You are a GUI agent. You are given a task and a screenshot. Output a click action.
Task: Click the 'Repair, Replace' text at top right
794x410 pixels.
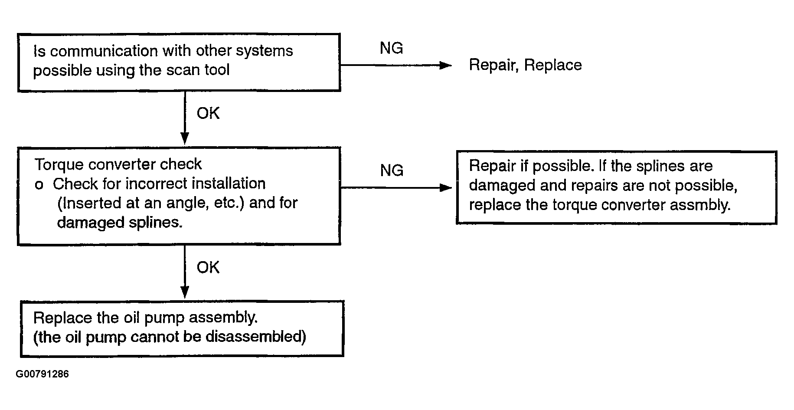(x=525, y=65)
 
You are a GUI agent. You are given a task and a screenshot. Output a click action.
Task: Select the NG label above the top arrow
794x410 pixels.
(x=392, y=48)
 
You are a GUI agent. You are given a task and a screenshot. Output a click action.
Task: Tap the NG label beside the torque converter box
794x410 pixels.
(x=392, y=171)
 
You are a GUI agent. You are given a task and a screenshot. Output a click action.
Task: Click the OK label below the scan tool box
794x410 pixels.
(x=208, y=113)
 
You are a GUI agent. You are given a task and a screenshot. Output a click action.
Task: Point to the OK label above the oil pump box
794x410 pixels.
(x=208, y=267)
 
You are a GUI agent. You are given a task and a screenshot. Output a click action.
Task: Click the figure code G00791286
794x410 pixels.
(x=42, y=374)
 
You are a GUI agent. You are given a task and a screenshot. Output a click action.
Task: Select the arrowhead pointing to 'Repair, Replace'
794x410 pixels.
(x=446, y=66)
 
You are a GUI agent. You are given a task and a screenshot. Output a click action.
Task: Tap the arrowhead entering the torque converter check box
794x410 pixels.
(x=185, y=139)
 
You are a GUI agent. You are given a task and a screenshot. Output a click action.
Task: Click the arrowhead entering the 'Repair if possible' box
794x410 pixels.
(x=446, y=188)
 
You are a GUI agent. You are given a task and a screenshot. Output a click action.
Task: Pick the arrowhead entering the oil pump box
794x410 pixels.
(x=185, y=292)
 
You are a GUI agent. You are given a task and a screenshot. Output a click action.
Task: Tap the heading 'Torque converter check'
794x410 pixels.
(x=118, y=164)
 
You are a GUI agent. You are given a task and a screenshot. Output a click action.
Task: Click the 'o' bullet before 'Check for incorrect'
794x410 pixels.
(x=39, y=185)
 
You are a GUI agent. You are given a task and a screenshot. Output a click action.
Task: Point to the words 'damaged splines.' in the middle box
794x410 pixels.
(x=120, y=223)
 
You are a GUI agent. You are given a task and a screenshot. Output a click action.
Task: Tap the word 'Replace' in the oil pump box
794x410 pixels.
(x=63, y=318)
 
